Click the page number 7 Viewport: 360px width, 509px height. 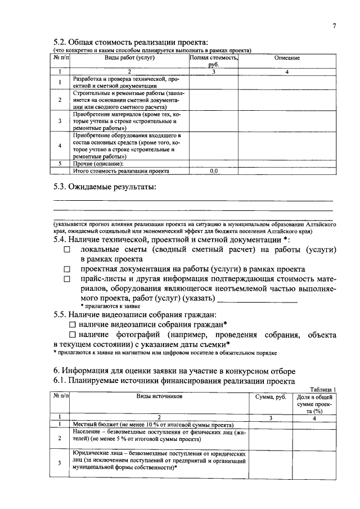click(334, 25)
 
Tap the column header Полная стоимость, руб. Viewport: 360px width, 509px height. click(214, 61)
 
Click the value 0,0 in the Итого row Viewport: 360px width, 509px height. click(214, 169)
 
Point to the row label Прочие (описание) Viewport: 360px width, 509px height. click(98, 163)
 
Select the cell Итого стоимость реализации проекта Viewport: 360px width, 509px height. click(121, 169)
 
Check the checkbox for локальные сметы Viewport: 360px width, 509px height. click(67, 249)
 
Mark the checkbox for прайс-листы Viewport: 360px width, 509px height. click(67, 280)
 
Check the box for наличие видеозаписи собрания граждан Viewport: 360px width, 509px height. click(72, 325)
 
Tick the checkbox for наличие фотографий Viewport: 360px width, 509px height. click(72, 335)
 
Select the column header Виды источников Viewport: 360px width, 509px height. click(159, 397)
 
